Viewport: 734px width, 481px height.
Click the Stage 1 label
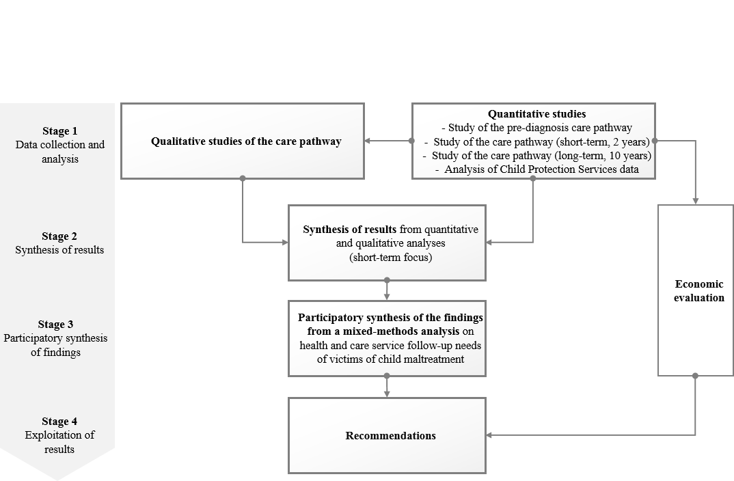tap(60, 131)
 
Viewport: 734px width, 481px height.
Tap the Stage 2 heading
tap(59, 236)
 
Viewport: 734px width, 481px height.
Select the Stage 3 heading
tap(56, 325)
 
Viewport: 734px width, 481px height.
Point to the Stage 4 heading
tap(59, 422)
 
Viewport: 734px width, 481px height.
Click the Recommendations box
tap(387, 436)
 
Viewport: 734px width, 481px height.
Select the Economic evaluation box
tap(696, 290)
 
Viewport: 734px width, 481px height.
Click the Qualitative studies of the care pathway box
tap(243, 141)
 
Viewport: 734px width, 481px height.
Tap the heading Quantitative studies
tap(537, 113)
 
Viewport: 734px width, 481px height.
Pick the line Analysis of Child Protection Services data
tap(537, 169)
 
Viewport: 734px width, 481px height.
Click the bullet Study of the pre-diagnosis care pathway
tap(537, 128)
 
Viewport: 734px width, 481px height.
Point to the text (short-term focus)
tap(390, 258)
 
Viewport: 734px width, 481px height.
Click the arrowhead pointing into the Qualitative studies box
tap(368, 141)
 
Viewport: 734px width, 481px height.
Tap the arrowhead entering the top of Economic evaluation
tap(696, 201)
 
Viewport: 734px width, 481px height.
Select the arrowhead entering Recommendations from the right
tap(489, 435)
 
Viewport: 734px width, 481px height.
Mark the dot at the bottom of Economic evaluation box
tap(695, 376)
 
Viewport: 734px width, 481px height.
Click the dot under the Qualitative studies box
tap(243, 178)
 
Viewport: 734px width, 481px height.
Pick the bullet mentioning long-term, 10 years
tap(537, 155)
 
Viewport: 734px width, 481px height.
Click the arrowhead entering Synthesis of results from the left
tap(285, 243)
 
